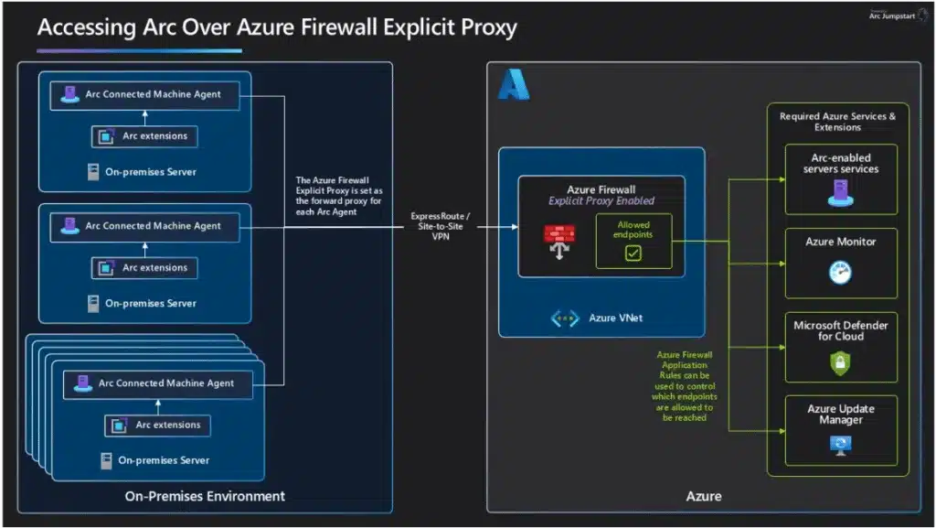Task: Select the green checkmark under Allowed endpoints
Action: [633, 253]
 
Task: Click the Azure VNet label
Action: [615, 318]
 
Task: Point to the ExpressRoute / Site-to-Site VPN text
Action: [441, 225]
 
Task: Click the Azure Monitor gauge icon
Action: [839, 273]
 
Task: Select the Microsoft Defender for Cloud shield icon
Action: [839, 363]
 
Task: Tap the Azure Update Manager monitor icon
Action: [839, 446]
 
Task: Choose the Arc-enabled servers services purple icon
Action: [839, 192]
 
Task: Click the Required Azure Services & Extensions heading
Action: [836, 122]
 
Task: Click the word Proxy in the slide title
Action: [488, 27]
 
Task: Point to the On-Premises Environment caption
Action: [205, 496]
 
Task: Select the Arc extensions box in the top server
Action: [144, 136]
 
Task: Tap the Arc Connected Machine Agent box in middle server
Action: [144, 226]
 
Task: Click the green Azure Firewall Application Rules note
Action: [686, 384]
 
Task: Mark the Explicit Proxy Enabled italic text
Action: [601, 200]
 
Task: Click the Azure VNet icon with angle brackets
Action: [564, 318]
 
